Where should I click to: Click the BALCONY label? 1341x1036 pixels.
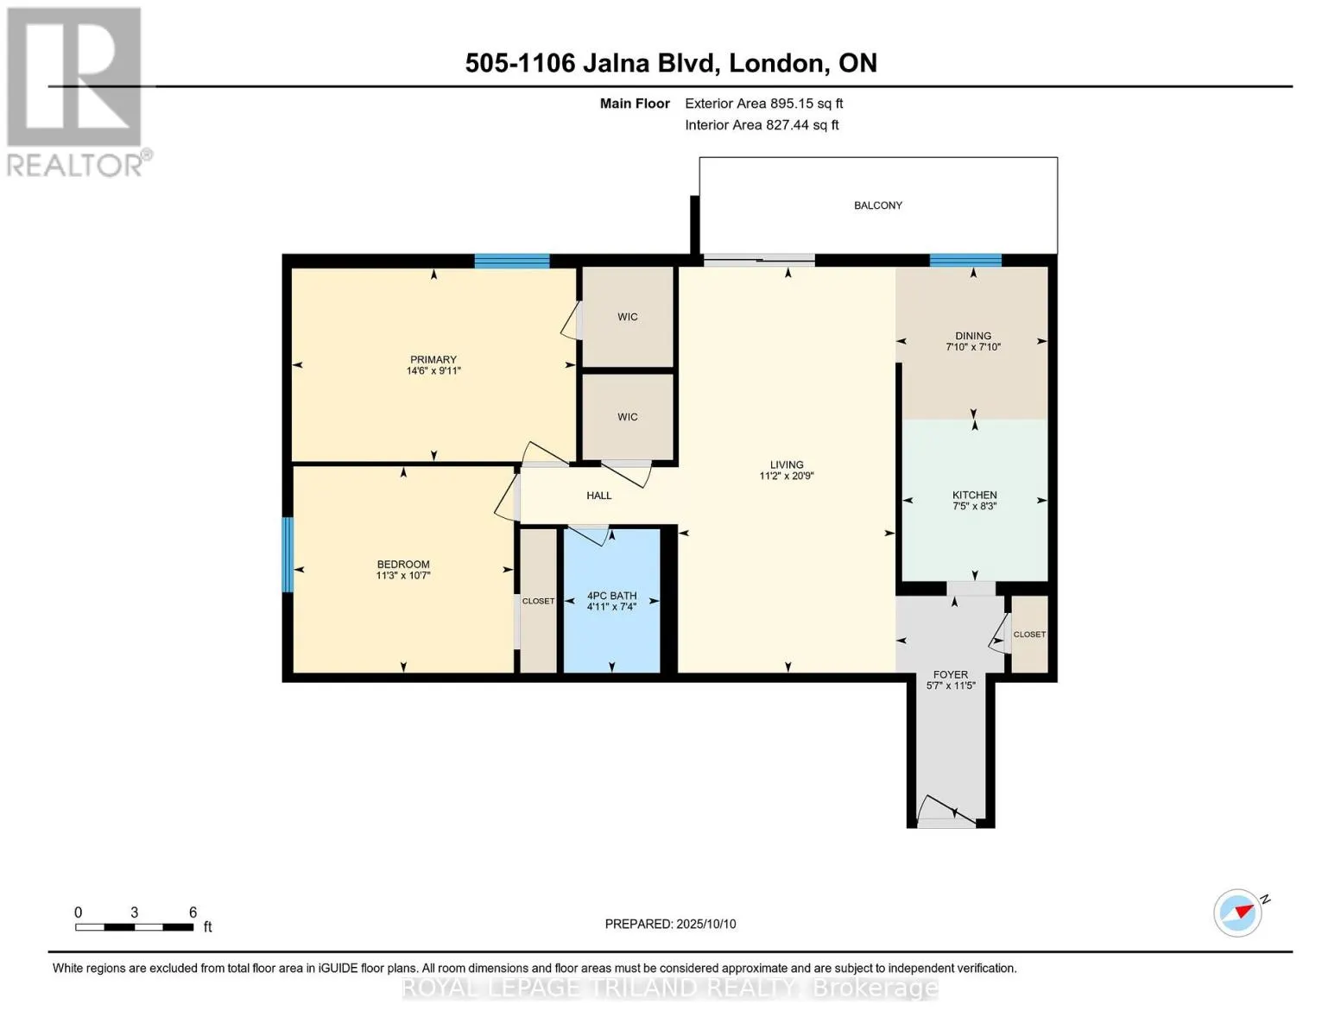pos(877,205)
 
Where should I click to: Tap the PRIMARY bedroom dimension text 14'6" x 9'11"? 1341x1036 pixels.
pos(433,371)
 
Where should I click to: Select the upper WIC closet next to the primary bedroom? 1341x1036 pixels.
pos(628,317)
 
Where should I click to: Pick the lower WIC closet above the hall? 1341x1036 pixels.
pos(628,417)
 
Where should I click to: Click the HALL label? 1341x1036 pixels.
pos(598,496)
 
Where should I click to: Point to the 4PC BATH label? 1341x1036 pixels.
pos(611,596)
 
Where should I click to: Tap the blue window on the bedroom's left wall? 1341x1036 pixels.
pos(288,554)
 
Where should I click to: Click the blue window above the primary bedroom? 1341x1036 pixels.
pos(512,261)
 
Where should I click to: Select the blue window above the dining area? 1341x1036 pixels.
pos(965,261)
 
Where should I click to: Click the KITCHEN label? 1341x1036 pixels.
pos(974,495)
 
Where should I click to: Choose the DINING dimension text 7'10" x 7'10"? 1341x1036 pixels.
pos(973,347)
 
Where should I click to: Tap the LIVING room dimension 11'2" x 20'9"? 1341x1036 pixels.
pos(787,476)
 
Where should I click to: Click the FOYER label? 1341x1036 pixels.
pos(950,674)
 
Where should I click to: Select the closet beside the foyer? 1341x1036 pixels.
pos(1029,635)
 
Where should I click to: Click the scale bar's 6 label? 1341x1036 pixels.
pos(193,913)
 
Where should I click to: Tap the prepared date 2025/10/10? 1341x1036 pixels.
pos(705,924)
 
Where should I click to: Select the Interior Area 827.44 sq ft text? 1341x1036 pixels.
pos(762,125)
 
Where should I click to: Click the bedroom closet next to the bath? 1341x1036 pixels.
pos(538,601)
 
